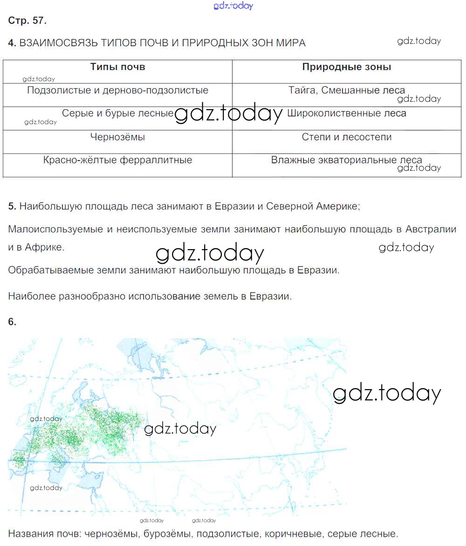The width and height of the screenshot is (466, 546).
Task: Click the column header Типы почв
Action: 117,67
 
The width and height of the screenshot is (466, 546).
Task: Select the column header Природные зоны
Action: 347,67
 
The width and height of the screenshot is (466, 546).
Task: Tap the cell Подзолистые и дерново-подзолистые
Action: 117,91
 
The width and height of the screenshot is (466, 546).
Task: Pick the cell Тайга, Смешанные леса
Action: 347,91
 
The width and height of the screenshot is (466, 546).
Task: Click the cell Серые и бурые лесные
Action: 117,113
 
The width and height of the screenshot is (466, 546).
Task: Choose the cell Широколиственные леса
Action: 347,113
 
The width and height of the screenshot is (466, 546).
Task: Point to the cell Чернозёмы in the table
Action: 117,137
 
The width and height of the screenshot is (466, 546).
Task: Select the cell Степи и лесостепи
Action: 347,137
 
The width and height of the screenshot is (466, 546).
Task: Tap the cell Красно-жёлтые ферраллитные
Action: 117,161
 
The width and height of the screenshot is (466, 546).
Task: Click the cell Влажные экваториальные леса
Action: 347,161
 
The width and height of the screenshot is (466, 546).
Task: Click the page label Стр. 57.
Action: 27,21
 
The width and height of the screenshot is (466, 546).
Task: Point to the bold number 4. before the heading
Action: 12,43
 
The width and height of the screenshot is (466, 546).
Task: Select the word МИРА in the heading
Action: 291,43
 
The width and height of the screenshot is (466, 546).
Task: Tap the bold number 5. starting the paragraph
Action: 12,206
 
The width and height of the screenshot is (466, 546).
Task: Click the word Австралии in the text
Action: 431,229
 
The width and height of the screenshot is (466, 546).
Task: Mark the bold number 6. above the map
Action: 12,322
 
